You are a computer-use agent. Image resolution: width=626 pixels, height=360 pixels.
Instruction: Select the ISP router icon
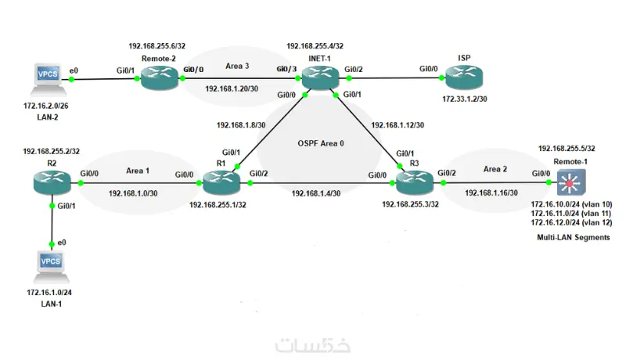(462, 77)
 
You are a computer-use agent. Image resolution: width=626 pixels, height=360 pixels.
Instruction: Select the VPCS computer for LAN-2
(43, 77)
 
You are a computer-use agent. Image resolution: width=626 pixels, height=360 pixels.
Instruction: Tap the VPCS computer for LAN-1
(49, 263)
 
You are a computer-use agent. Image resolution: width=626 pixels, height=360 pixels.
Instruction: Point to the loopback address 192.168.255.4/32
(315, 47)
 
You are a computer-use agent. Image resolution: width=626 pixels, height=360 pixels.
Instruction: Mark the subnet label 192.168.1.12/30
(398, 124)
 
